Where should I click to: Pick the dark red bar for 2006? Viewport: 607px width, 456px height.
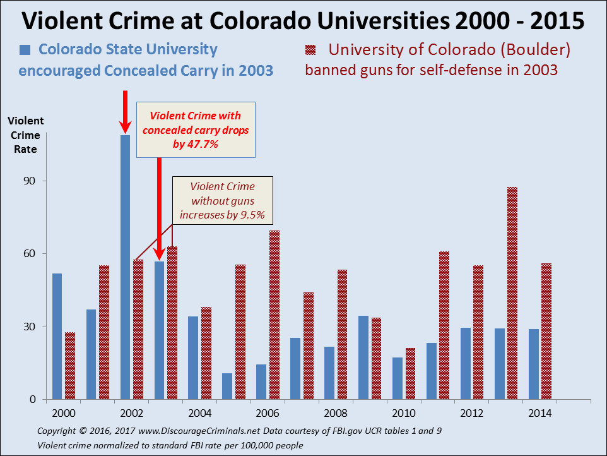[274, 315]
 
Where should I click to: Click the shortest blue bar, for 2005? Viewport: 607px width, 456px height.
[227, 386]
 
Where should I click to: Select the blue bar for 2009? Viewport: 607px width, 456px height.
[363, 357]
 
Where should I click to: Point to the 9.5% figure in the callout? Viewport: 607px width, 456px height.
[252, 215]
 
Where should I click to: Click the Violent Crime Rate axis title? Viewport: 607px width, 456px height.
[26, 135]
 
